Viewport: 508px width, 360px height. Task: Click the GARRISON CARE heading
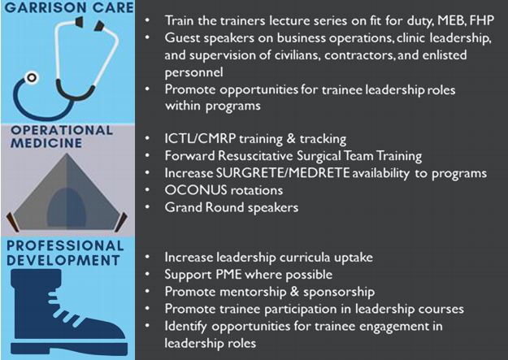coord(69,7)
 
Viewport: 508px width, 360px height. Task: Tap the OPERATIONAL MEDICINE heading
coord(62,137)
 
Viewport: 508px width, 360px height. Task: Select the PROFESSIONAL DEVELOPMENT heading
coord(65,253)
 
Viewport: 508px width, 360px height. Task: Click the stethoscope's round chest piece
coord(32,78)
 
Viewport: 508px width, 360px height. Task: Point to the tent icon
coord(67,192)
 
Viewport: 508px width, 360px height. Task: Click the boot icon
coord(69,312)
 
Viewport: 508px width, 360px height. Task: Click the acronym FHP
coord(482,20)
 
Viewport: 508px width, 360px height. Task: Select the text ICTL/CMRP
coord(200,139)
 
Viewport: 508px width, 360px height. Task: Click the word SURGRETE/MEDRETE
coord(283,173)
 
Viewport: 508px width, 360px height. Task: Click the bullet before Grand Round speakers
coord(147,206)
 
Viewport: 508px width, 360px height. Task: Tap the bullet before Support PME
coord(147,274)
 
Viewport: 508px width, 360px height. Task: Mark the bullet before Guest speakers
coord(147,37)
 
